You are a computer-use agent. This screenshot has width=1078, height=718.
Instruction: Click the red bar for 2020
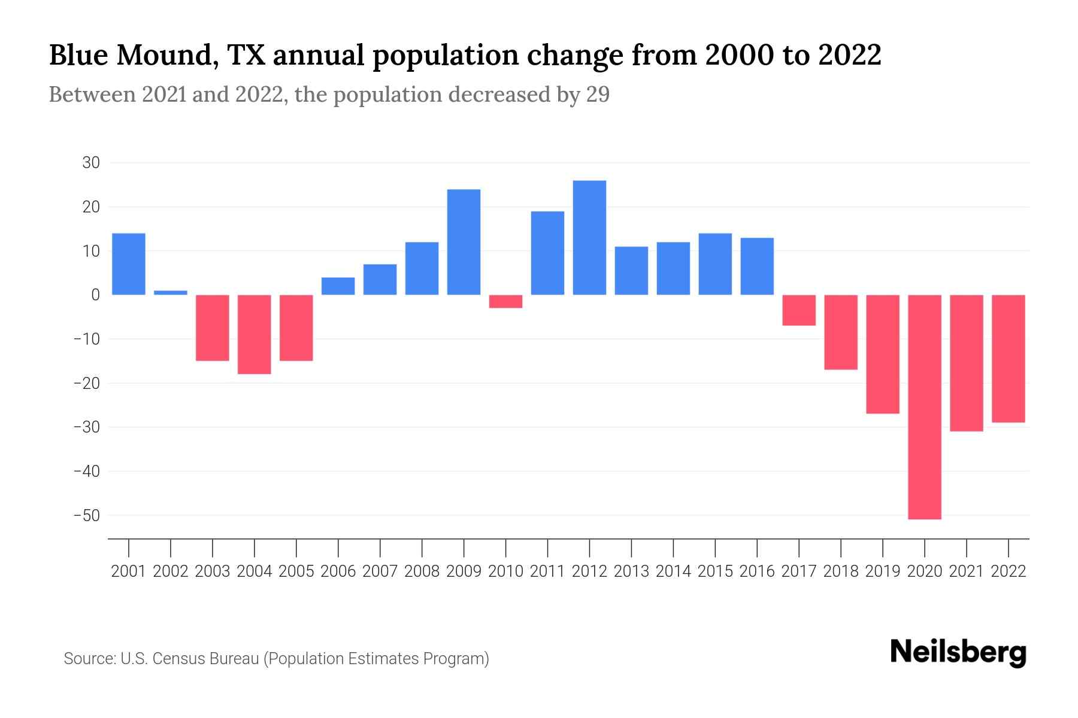925,407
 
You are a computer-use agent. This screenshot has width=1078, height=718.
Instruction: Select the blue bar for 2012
589,238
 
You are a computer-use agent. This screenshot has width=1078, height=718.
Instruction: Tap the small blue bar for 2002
171,293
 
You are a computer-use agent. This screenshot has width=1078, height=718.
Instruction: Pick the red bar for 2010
505,302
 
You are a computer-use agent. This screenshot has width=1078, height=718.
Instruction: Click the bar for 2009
464,242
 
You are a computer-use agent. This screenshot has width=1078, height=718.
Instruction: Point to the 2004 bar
255,334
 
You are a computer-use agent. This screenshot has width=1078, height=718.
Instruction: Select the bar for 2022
1009,359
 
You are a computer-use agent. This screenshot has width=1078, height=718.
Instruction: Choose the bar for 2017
799,310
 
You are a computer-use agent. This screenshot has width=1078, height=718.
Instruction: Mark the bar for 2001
129,264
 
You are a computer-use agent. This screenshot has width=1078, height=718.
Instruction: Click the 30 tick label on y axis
91,163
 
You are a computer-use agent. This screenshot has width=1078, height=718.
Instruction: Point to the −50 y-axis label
86,515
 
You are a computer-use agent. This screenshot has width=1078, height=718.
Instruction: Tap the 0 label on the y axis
95,295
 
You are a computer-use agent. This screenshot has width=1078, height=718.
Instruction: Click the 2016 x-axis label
757,571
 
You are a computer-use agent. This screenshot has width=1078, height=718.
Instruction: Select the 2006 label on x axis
338,571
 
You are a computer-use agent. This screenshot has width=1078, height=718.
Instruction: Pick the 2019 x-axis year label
883,571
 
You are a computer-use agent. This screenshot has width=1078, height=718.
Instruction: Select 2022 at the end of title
849,55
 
